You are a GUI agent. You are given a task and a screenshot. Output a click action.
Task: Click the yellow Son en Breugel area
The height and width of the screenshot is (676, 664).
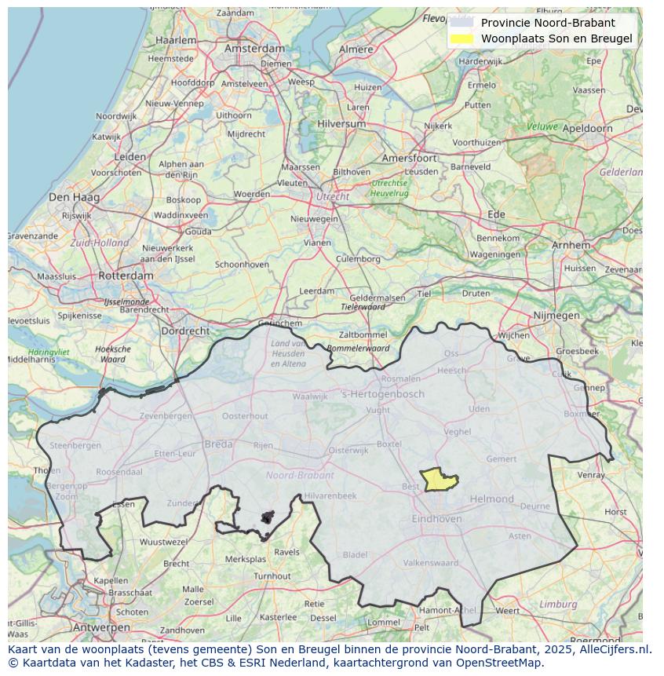[x=437, y=480]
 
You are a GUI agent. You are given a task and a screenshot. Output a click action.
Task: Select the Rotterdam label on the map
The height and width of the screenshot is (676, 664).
[x=126, y=276]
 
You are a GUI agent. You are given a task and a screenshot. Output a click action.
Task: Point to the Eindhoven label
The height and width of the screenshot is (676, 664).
[x=436, y=519]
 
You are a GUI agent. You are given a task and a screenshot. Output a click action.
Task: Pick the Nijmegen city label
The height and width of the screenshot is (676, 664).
[x=556, y=316]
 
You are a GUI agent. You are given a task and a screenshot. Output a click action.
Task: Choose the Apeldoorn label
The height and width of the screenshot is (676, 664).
[x=588, y=128]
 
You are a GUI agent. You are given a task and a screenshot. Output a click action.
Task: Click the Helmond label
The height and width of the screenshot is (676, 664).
[x=491, y=499]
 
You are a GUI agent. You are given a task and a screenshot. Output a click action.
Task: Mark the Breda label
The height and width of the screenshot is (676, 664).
[x=218, y=444]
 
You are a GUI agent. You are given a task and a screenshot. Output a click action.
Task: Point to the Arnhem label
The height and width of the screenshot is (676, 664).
[x=571, y=245]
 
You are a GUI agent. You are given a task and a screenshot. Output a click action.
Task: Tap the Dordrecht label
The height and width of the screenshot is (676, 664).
[x=185, y=331]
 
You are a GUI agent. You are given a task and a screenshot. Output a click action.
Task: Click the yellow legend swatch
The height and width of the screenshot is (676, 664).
[x=462, y=38]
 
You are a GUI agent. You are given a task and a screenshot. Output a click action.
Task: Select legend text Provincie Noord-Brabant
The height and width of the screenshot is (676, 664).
[x=548, y=23]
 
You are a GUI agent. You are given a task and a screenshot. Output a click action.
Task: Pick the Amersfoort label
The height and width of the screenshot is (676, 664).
[x=408, y=158]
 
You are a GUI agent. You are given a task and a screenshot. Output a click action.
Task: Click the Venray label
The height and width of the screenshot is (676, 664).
[x=591, y=474]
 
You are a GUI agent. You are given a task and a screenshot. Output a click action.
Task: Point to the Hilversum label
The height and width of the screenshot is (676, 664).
[x=341, y=124]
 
